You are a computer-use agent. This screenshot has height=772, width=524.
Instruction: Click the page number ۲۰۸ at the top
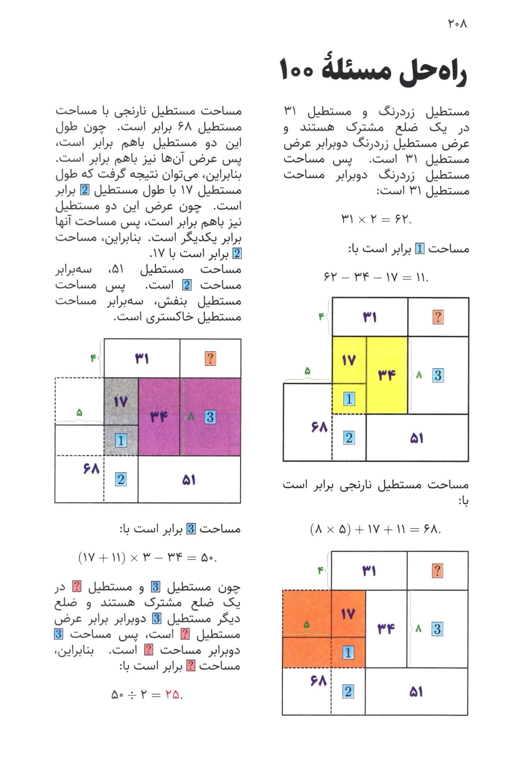pyautogui.click(x=457, y=24)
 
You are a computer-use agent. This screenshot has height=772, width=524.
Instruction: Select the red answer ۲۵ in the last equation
pyautogui.click(x=172, y=694)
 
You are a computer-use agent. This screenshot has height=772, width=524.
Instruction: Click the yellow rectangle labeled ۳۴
pyautogui.click(x=387, y=375)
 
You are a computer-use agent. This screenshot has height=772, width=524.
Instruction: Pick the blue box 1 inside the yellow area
pyautogui.click(x=349, y=399)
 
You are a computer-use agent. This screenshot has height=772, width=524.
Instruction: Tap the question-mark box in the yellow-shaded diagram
pyautogui.click(x=438, y=317)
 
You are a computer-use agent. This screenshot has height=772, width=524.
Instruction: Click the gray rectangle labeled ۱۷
pyautogui.click(x=121, y=402)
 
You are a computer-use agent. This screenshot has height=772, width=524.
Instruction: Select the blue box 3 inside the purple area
pyautogui.click(x=210, y=417)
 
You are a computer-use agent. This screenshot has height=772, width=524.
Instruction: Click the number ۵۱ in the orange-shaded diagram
pyautogui.click(x=416, y=692)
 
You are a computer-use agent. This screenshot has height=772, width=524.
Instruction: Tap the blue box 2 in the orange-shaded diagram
pyautogui.click(x=348, y=692)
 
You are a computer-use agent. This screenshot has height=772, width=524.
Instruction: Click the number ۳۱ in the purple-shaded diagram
pyautogui.click(x=142, y=359)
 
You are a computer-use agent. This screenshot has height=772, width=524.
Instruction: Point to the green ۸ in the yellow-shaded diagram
pyautogui.click(x=419, y=375)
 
